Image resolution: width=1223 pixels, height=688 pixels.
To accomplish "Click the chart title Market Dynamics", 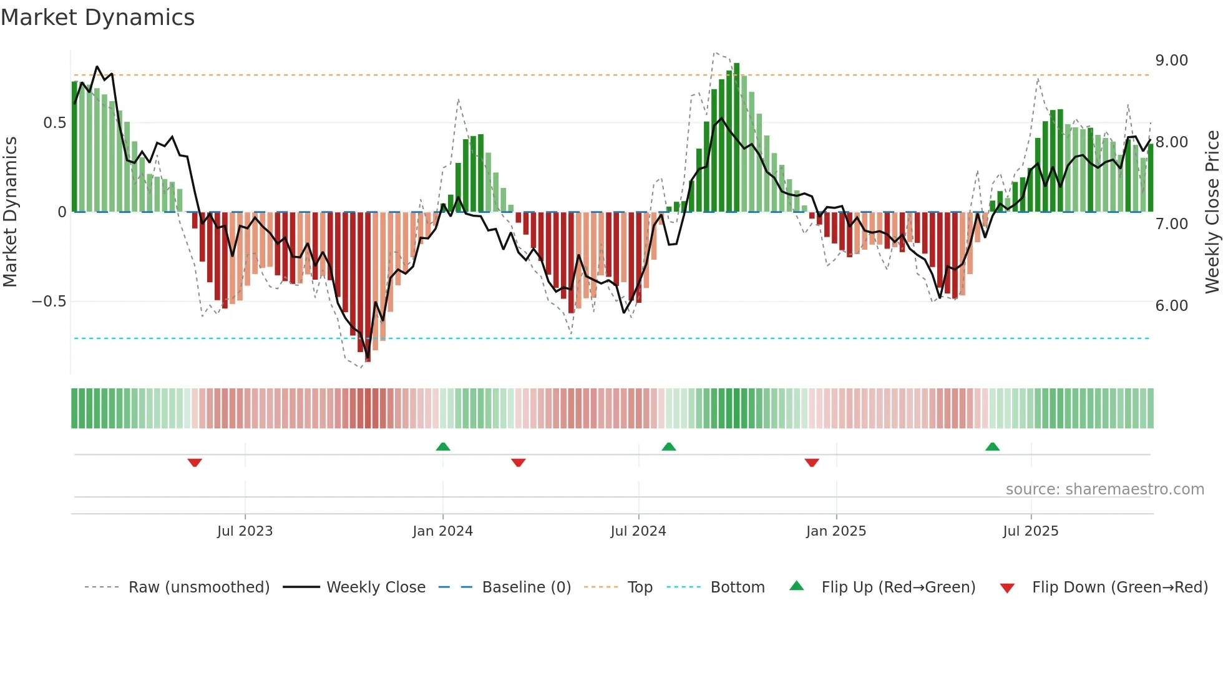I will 98,17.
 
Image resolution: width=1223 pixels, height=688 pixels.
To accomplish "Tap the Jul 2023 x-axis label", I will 245,531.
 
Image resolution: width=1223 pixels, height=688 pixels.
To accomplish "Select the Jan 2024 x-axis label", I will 442,531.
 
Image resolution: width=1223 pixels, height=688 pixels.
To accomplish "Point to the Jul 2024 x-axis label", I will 638,531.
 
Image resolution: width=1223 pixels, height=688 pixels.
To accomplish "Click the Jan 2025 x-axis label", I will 836,531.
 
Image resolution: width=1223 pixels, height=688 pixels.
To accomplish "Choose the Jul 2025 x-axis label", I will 1030,531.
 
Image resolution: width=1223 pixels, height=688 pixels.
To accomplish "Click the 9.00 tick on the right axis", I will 1171,61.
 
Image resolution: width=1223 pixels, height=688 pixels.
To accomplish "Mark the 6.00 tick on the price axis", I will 1171,306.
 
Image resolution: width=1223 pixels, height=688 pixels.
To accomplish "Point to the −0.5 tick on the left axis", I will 49,302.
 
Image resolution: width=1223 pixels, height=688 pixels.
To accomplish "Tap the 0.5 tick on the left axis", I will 54,123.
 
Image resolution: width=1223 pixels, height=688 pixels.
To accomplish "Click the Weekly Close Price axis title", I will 1212,212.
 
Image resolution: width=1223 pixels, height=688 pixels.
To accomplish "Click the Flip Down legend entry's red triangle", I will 1006,588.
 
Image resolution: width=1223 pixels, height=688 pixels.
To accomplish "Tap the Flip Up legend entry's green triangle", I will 797,586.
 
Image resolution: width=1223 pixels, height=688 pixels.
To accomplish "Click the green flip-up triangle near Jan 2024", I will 443,446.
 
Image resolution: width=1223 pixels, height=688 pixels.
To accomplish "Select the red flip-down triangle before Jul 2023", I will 195,463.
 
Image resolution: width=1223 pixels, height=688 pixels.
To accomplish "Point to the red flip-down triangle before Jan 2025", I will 812,463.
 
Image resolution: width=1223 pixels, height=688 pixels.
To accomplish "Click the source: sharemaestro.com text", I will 1104,489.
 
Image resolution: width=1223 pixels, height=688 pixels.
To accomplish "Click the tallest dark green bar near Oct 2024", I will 737,137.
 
